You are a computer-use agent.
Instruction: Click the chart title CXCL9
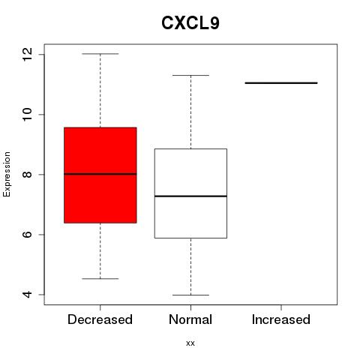pos(190,23)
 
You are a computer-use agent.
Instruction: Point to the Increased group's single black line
pos(281,83)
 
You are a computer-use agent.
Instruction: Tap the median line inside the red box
pos(100,174)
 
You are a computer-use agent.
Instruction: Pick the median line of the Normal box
pos(190,196)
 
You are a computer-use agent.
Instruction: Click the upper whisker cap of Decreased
pos(100,54)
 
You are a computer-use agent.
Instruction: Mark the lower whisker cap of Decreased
pos(100,278)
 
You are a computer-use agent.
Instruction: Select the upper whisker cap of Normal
pos(190,75)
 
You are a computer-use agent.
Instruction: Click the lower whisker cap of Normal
pos(190,295)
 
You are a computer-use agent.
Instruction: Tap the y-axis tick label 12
pos(27,55)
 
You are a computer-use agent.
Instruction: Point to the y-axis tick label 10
pos(27,115)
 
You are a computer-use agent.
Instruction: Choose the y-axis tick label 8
pos(27,175)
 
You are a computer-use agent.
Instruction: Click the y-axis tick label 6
pos(27,235)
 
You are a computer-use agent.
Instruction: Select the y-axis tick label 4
pos(27,295)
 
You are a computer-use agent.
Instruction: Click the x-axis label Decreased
pos(100,319)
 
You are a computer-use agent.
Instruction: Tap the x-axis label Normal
pos(190,319)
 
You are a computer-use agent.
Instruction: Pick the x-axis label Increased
pos(281,319)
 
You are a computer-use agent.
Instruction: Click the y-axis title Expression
pos(7,174)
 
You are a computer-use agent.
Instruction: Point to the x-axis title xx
pos(190,343)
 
